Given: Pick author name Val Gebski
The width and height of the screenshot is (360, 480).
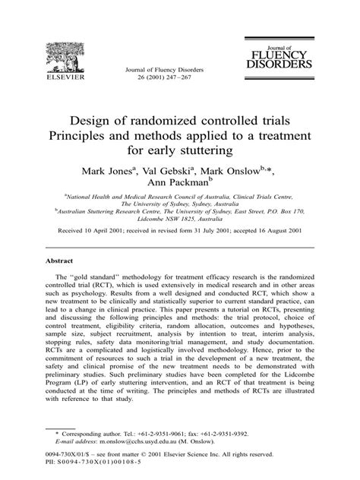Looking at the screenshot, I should click(180, 169).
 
